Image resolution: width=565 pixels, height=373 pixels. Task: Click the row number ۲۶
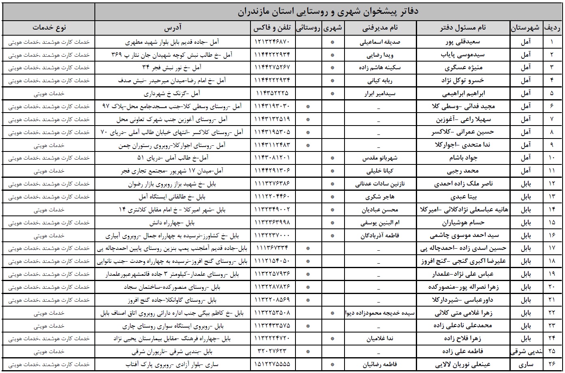(554, 364)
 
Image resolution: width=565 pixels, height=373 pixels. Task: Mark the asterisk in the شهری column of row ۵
(332, 93)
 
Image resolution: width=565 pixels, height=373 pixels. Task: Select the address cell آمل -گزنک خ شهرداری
(173, 93)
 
